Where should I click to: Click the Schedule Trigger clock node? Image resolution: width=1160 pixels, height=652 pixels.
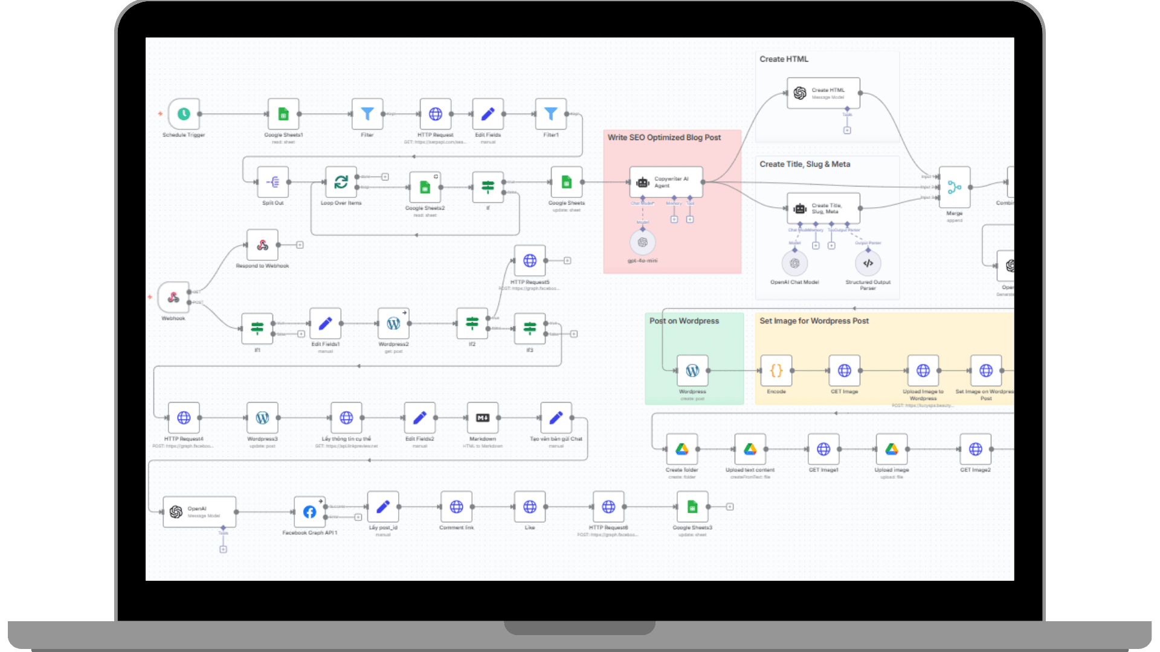tap(184, 114)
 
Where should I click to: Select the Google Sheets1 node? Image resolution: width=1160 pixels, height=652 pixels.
tap(283, 114)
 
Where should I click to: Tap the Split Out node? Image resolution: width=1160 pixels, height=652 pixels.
tap(272, 182)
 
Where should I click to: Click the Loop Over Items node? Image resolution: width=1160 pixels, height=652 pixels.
tap(341, 182)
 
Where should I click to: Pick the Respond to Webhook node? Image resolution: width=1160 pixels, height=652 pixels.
tap(262, 245)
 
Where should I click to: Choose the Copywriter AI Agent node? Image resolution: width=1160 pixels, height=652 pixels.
tap(666, 182)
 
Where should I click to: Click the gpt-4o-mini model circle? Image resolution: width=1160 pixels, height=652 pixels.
tap(642, 243)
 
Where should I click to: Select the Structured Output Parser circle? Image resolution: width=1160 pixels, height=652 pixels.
tap(868, 263)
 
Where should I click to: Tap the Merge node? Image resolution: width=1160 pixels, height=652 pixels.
tap(954, 188)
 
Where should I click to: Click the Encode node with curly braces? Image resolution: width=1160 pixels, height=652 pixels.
tap(776, 371)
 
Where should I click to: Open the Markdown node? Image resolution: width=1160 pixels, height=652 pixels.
tap(483, 418)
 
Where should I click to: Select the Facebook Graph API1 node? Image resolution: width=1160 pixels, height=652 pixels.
tap(309, 512)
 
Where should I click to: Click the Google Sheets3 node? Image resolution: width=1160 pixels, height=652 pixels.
tap(692, 507)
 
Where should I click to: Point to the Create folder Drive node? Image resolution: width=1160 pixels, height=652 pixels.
tap(681, 449)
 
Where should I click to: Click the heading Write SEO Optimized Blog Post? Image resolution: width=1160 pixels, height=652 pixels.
tap(664, 138)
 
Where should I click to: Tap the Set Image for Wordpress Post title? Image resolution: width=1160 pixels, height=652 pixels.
tap(814, 321)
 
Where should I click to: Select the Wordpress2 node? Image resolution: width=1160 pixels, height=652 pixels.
tap(393, 324)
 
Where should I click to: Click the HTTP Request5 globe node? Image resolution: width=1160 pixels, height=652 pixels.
tap(530, 261)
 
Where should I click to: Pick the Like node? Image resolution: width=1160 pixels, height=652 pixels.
tap(530, 507)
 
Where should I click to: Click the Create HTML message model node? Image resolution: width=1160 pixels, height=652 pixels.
tap(823, 93)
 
